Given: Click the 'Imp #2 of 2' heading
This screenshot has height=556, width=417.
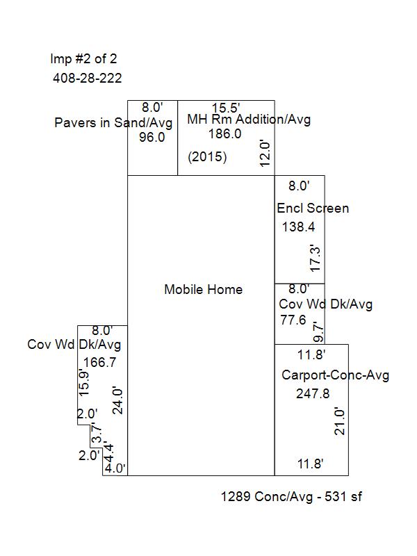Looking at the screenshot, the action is [x=83, y=59].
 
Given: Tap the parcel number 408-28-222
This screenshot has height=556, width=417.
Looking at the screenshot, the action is [x=88, y=78].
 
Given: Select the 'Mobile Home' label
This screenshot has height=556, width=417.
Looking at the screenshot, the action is [x=203, y=289].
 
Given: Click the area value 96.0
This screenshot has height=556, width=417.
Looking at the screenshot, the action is [x=152, y=137].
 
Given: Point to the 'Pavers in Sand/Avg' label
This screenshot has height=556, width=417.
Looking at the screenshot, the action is [x=113, y=123].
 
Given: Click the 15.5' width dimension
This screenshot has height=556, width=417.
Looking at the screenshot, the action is [x=226, y=108].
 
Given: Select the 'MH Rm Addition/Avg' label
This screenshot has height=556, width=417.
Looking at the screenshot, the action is [x=249, y=119].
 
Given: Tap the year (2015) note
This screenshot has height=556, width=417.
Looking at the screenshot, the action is [x=207, y=156].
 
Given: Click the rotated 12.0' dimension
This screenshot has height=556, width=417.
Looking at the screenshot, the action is [x=265, y=153].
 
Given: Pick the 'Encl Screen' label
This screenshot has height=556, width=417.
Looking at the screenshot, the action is [x=313, y=208].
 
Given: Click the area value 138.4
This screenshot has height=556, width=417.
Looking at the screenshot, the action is [x=298, y=227].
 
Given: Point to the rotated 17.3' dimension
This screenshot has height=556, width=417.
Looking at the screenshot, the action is [x=315, y=258].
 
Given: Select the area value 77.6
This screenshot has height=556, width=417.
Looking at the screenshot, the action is [x=293, y=320].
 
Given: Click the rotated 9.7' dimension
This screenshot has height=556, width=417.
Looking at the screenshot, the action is [x=319, y=332].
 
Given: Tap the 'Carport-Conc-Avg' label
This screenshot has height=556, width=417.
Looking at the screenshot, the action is [x=336, y=375].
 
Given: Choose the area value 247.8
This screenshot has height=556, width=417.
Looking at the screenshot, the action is [x=313, y=393].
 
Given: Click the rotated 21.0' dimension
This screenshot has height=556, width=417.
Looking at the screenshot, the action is [x=339, y=421].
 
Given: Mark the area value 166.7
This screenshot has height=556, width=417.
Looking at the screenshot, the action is [x=99, y=362].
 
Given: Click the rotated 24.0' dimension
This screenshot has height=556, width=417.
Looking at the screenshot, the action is [x=117, y=401].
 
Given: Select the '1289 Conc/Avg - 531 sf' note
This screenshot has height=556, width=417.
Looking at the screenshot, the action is [x=291, y=496].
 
